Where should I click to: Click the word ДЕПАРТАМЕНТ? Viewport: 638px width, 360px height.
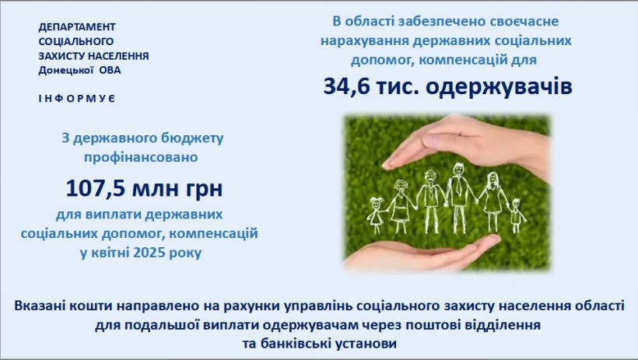(x=77, y=27)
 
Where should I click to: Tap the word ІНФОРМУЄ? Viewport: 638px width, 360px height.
(x=77, y=99)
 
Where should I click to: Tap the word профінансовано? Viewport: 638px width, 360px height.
(x=141, y=157)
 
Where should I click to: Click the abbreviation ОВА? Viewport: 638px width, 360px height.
(x=110, y=71)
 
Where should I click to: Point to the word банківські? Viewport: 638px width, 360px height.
(x=296, y=344)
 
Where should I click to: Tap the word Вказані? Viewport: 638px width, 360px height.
(x=40, y=306)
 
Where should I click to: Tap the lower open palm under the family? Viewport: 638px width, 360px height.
(x=423, y=252)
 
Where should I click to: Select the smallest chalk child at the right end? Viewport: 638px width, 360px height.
(x=517, y=215)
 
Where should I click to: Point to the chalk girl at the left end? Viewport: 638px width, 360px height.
(x=377, y=215)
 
